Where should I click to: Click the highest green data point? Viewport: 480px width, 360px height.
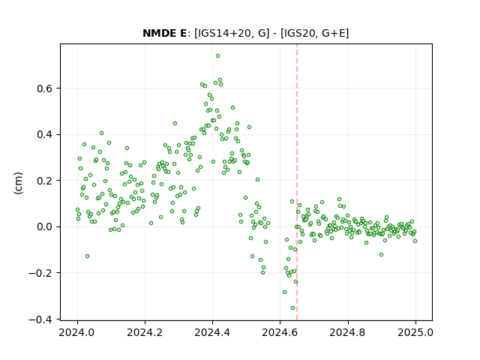pos(217,56)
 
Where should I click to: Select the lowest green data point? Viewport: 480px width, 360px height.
pos(292,308)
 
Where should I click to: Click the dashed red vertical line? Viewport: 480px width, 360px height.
pos(297,182)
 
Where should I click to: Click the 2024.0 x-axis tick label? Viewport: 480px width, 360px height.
pos(77,332)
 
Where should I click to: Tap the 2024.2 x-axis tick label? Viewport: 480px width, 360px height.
pos(145,332)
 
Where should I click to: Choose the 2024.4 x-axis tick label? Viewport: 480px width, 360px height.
pos(212,332)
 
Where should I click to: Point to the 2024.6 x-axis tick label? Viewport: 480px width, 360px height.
pos(280,332)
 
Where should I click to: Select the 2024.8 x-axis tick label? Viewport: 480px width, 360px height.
pos(348,332)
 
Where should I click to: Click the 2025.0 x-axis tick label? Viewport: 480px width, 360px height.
pos(415,332)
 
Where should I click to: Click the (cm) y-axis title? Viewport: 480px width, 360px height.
pos(18,183)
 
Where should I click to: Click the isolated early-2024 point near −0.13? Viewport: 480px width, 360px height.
pos(87,256)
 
